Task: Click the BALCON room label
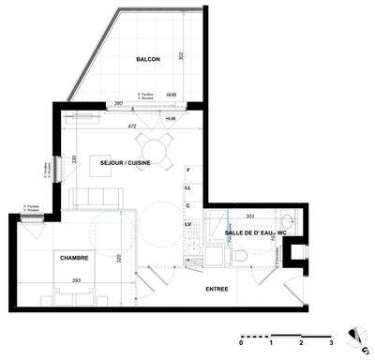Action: click(147, 59)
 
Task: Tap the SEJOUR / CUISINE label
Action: click(127, 162)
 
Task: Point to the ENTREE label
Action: click(217, 289)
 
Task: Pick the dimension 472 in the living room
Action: click(133, 126)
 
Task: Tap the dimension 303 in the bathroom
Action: click(249, 216)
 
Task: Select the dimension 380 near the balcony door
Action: click(119, 103)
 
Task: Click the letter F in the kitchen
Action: click(188, 171)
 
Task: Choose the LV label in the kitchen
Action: click(188, 225)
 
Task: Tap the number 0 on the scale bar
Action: click(241, 343)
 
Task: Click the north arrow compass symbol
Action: click(356, 336)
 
